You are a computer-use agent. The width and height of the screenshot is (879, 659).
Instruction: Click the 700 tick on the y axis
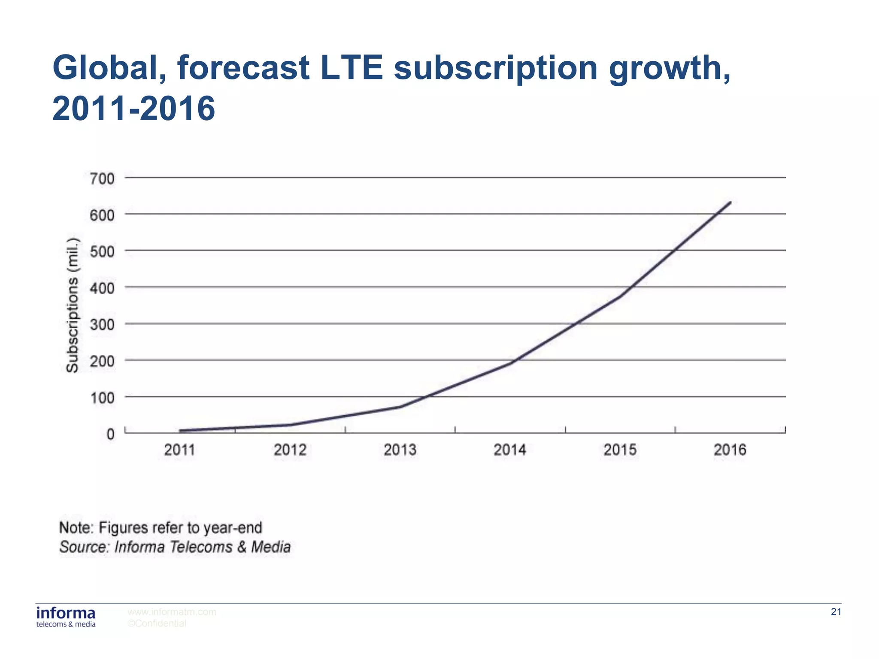[102, 178]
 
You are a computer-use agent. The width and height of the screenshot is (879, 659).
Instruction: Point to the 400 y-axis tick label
[102, 288]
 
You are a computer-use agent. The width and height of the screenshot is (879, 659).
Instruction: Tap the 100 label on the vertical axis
[102, 398]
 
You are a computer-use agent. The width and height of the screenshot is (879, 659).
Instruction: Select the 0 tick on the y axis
[111, 434]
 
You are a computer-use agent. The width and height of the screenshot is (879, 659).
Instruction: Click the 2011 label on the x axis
[180, 450]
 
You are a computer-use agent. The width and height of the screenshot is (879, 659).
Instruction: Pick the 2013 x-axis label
[400, 450]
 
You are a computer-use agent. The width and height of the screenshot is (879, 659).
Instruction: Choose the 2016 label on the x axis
[730, 450]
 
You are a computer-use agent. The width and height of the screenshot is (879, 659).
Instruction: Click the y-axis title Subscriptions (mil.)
[73, 305]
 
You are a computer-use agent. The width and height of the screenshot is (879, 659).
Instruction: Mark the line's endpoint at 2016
[730, 202]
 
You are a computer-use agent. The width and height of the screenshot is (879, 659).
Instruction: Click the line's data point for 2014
[510, 363]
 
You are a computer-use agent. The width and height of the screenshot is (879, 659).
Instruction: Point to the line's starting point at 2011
[180, 430]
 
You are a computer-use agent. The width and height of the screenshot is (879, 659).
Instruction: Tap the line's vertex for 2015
[621, 296]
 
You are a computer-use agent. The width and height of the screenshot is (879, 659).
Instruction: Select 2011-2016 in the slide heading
[133, 108]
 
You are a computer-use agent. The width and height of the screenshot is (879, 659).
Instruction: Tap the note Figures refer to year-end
[161, 528]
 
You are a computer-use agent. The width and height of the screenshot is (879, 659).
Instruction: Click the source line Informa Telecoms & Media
[175, 547]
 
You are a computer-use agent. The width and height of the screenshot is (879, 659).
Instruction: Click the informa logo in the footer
[66, 617]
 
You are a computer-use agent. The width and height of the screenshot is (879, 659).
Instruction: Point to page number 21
[836, 612]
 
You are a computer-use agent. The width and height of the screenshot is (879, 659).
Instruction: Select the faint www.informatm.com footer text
[172, 612]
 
